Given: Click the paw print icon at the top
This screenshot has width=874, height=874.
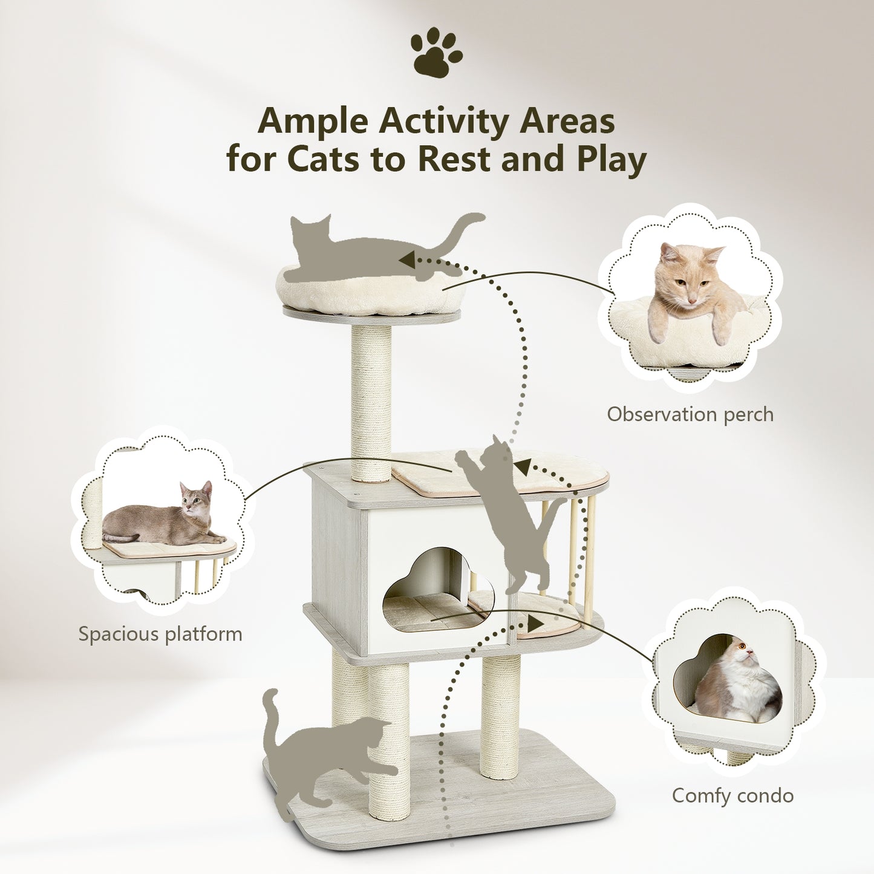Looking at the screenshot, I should [x=436, y=53].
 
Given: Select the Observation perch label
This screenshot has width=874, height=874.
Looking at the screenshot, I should [x=690, y=414].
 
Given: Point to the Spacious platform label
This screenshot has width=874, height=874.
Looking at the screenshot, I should [x=160, y=634].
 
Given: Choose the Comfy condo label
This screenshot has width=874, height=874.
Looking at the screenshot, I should [x=732, y=795].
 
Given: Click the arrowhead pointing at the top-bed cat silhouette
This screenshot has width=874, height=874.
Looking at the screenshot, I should [x=407, y=261].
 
